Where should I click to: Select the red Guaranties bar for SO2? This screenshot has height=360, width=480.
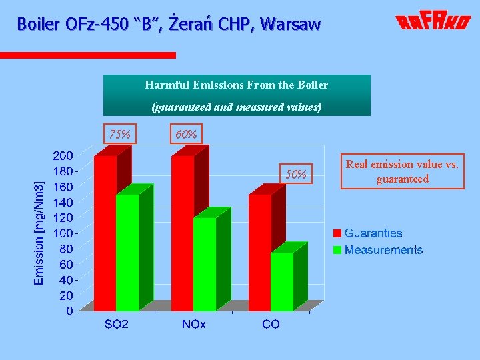[x=105, y=233]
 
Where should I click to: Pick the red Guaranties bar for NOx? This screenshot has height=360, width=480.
[x=183, y=233]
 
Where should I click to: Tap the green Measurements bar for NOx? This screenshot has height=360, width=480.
[x=205, y=263]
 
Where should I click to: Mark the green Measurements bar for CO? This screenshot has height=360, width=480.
[x=282, y=281]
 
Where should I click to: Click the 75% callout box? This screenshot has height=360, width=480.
[x=119, y=134]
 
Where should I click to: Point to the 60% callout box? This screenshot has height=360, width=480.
[x=186, y=134]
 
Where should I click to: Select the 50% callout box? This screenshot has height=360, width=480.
[x=296, y=175]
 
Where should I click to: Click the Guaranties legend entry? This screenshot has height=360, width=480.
[x=373, y=233]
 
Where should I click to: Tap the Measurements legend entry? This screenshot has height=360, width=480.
[x=383, y=250]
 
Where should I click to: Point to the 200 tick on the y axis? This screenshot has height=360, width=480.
[x=63, y=155]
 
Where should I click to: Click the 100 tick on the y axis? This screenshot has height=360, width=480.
[x=63, y=233]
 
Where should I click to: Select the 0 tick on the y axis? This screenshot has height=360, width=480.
[x=69, y=311]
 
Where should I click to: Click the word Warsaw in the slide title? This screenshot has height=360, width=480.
[x=291, y=25]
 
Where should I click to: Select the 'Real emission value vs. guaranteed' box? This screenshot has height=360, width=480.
[x=402, y=171]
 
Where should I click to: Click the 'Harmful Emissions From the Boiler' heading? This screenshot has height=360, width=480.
[x=237, y=85]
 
